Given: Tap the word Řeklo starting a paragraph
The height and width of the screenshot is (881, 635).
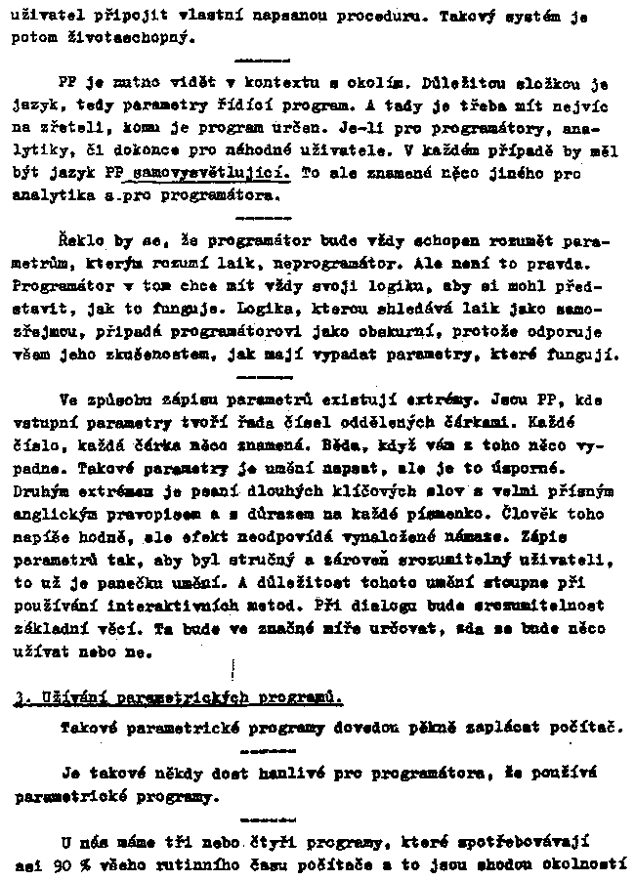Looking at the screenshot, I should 80,238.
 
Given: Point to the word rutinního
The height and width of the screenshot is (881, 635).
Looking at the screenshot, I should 203,865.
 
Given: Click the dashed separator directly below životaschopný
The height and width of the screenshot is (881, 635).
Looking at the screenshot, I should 257,59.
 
